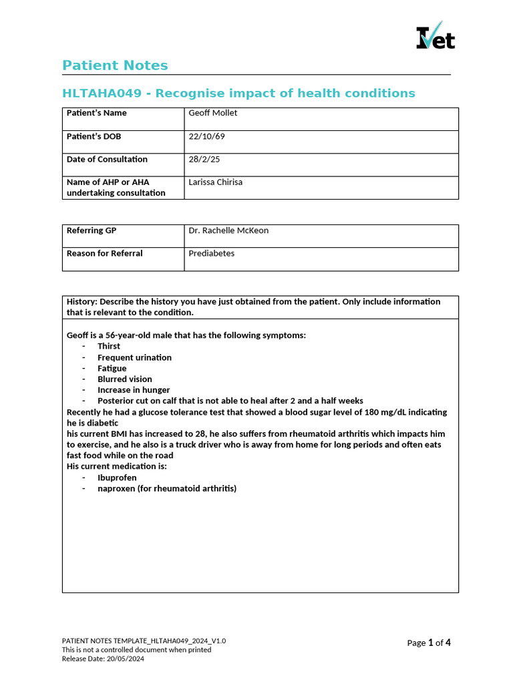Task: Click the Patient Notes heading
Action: pyautogui.click(x=115, y=65)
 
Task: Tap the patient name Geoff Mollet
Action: pyautogui.click(x=212, y=113)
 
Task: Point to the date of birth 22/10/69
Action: pyautogui.click(x=206, y=136)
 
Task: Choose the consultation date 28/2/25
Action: pyautogui.click(x=203, y=159)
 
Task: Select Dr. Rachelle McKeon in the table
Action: pyautogui.click(x=228, y=230)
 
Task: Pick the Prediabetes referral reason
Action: pyautogui.click(x=211, y=253)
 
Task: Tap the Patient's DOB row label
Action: pyautogui.click(x=94, y=136)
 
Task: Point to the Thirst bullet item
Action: pyautogui.click(x=109, y=346)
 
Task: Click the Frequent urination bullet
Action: pyautogui.click(x=134, y=357)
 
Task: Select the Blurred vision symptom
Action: pyautogui.click(x=124, y=379)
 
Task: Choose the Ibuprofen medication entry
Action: pyautogui.click(x=117, y=478)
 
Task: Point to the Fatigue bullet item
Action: pyautogui.click(x=112, y=368)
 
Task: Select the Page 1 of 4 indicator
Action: pyautogui.click(x=429, y=643)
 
